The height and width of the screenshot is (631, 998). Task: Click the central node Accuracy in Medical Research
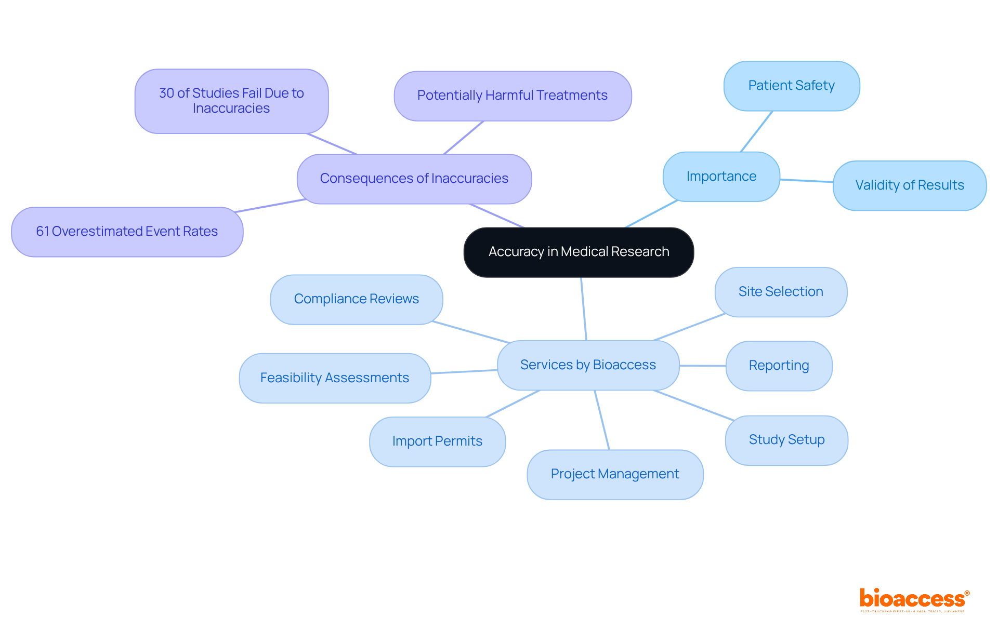(x=579, y=252)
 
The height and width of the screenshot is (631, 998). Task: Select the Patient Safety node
(x=791, y=86)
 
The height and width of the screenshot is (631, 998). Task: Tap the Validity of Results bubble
(x=909, y=185)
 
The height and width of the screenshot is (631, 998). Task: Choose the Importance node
(x=721, y=177)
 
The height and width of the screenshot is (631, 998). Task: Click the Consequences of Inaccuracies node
(x=414, y=179)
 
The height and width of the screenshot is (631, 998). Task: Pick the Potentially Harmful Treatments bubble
(x=512, y=96)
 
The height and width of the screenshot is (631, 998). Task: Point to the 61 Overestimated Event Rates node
(x=127, y=232)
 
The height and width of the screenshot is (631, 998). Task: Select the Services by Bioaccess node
(x=588, y=365)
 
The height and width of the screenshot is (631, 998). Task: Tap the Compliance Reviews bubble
(x=356, y=299)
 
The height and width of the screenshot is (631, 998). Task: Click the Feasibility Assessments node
(x=334, y=378)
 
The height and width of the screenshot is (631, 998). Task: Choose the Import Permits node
(x=437, y=441)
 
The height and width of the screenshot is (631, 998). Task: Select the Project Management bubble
(x=614, y=474)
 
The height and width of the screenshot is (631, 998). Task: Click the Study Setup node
(x=786, y=440)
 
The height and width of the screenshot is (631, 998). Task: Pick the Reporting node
(x=779, y=366)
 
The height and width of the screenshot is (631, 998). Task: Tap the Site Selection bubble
(x=781, y=292)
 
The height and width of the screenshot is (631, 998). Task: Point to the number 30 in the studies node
(x=166, y=93)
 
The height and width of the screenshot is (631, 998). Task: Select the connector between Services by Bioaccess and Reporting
(x=702, y=366)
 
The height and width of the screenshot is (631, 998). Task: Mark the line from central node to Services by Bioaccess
(x=584, y=309)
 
